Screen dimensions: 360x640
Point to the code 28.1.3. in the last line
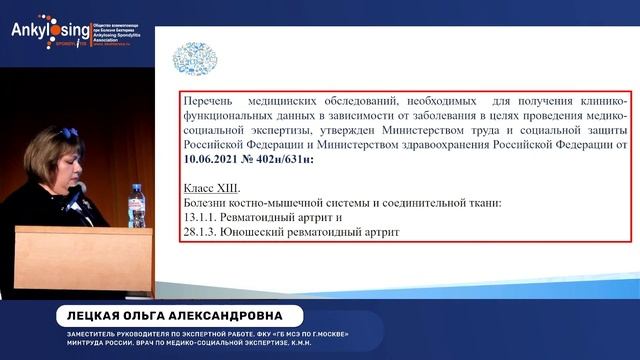[x=205, y=232]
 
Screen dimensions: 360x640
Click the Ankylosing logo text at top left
[x=40, y=28]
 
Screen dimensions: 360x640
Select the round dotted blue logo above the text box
[x=191, y=57]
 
